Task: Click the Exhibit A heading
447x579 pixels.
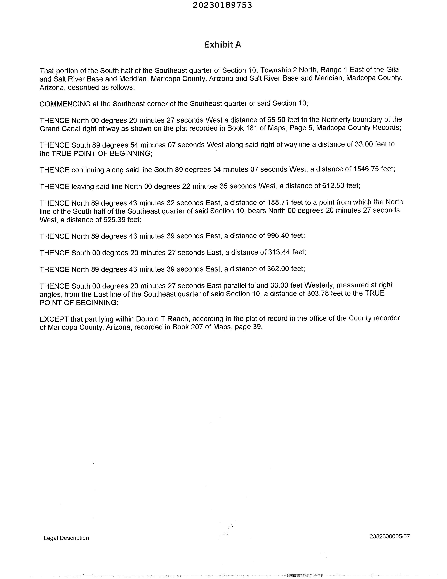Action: point(222,45)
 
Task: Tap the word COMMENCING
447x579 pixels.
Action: point(65,104)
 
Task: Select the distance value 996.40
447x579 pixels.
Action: point(278,235)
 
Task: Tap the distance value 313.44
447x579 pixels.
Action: point(279,252)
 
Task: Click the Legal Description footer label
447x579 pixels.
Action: point(66,538)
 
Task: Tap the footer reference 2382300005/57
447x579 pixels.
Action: point(390,536)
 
